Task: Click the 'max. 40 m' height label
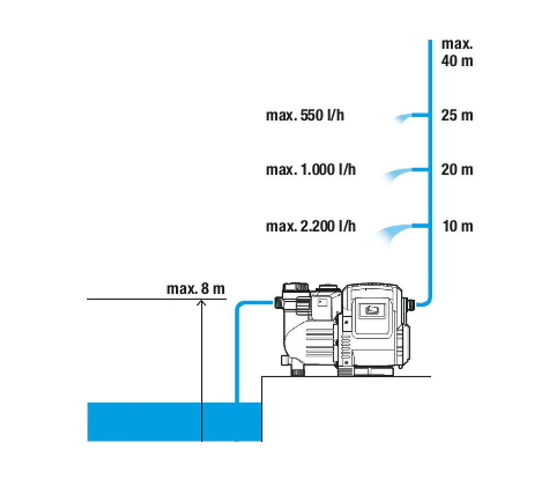click(457, 52)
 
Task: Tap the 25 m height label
click(457, 115)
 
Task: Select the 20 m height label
click(457, 170)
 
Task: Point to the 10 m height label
click(457, 226)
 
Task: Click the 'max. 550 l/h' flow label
click(305, 115)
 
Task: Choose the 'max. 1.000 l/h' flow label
click(311, 170)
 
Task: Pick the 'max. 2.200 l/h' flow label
click(311, 227)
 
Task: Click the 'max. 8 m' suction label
click(195, 289)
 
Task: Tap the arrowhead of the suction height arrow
click(201, 302)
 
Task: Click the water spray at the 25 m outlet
click(403, 118)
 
